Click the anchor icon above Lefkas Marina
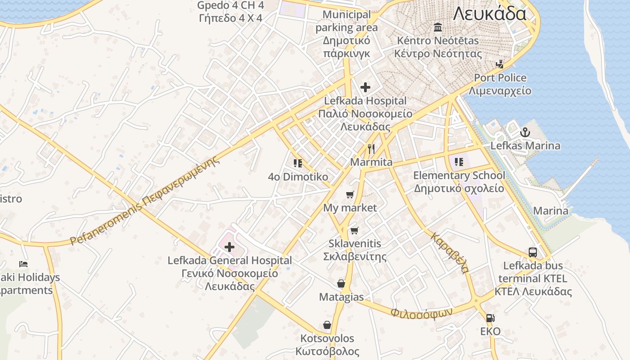(524, 133)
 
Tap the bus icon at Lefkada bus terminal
(533, 252)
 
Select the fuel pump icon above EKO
(490, 318)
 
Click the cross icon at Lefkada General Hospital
(229, 247)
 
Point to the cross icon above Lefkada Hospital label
(365, 87)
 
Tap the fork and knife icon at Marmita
(371, 149)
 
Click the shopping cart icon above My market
(350, 194)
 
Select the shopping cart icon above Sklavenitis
(355, 230)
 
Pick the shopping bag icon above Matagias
(341, 283)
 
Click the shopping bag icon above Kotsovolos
(327, 325)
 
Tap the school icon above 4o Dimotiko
(297, 163)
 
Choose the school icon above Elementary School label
(459, 162)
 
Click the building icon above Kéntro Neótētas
(437, 28)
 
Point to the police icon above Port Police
(499, 64)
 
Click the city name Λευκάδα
(489, 13)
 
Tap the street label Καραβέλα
(450, 253)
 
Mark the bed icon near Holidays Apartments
(23, 264)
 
